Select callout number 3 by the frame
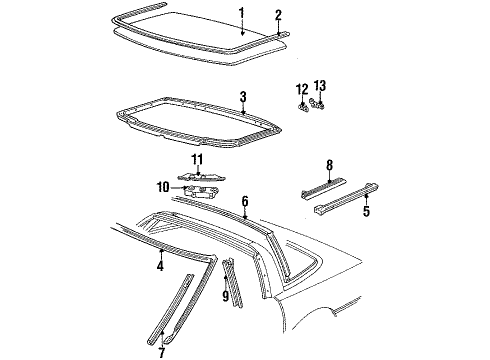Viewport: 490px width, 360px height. (243, 97)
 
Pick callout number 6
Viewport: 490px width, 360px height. (244, 201)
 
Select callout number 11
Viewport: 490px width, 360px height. (197, 159)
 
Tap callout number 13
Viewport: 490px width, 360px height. (320, 87)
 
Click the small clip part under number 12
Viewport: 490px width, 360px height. (302, 103)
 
